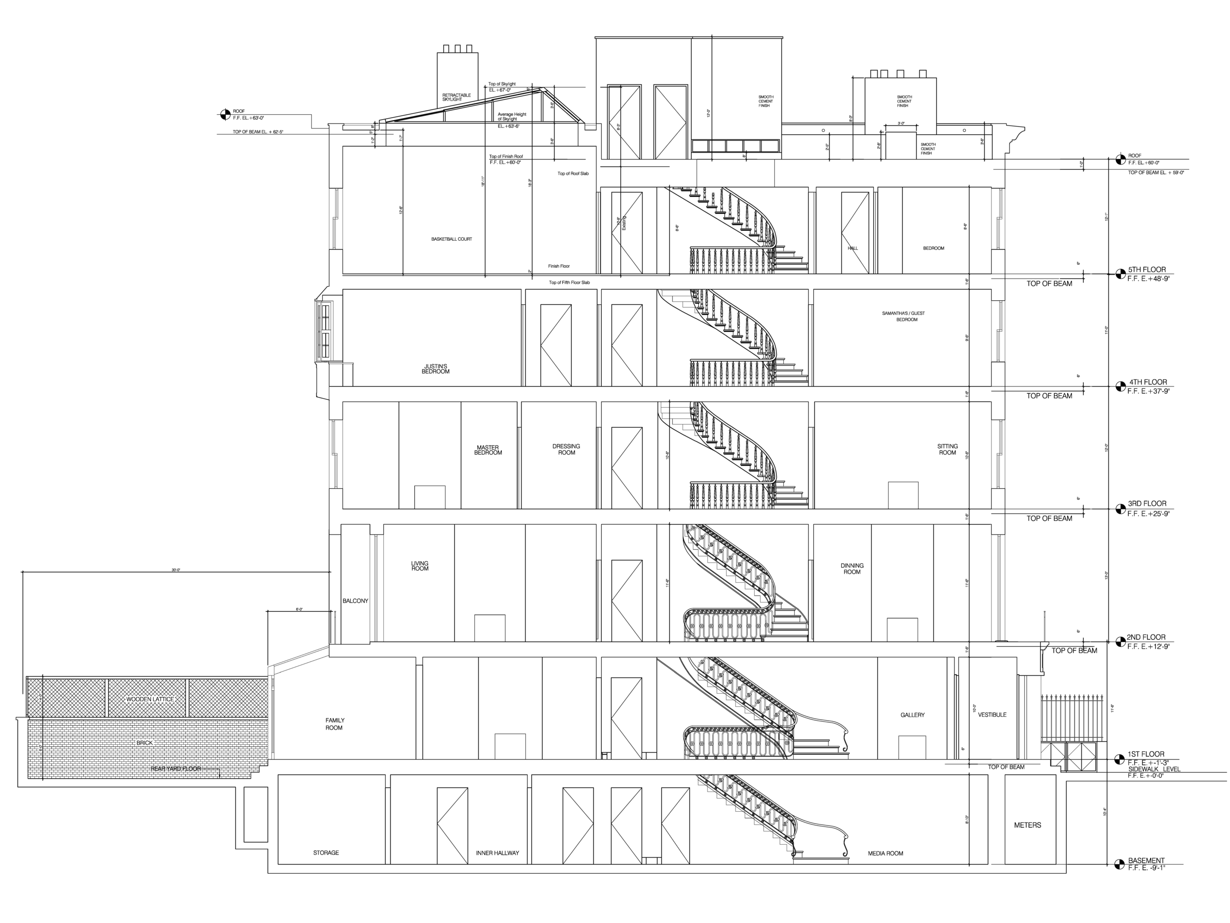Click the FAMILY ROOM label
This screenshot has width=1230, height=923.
pos(336,723)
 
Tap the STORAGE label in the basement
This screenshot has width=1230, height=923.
pos(326,852)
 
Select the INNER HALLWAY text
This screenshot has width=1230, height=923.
pos(498,852)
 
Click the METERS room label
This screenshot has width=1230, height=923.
pos(1028,825)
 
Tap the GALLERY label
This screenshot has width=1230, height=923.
pos(913,715)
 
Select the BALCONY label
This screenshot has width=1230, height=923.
pos(355,600)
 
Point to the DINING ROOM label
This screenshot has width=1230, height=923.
pos(852,568)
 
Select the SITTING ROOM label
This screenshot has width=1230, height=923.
pos(947,449)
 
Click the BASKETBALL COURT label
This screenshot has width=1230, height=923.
pos(452,239)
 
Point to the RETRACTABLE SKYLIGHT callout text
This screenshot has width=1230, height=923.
pos(457,98)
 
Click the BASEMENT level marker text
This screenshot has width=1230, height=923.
pos(1146,863)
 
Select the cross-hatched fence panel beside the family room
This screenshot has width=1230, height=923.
pos(148,698)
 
